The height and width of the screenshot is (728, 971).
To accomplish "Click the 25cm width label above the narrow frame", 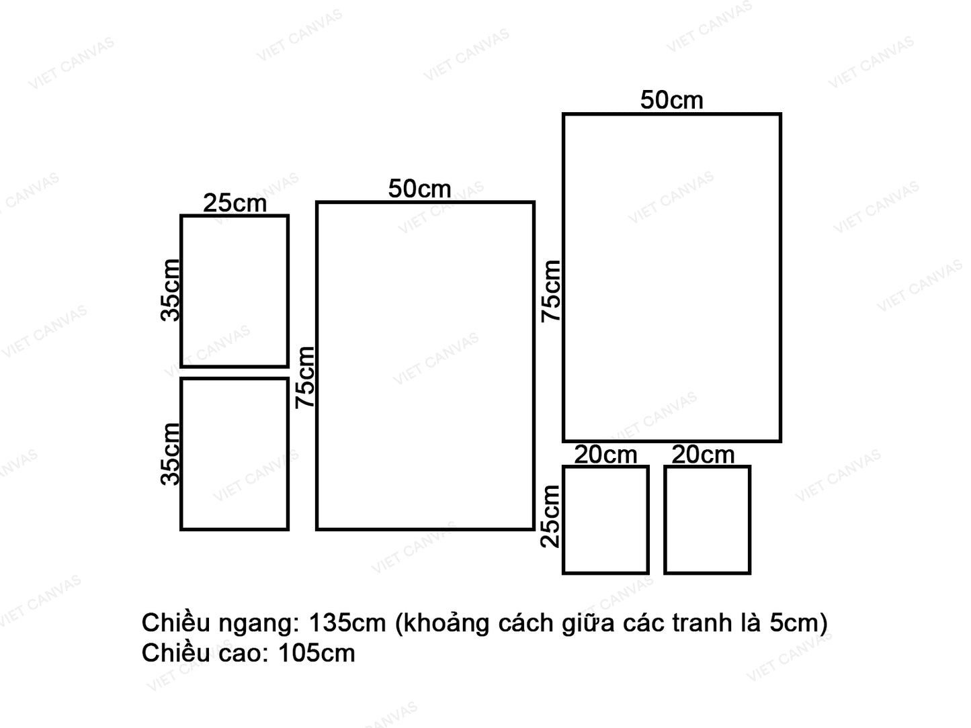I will (235, 203).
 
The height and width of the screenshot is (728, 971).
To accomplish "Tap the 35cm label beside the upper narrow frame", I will (171, 290).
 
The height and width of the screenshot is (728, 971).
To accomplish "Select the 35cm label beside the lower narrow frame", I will (171, 454).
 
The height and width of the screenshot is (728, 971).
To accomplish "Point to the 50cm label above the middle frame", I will (419, 189).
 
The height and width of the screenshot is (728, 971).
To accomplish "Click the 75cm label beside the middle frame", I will (306, 377).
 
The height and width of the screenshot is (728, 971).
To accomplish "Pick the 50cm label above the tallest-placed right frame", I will (671, 100).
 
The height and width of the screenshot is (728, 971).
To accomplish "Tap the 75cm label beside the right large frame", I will (551, 291).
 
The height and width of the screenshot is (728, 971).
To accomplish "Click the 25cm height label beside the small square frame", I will (550, 516).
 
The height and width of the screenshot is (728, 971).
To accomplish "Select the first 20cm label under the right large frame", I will (605, 455).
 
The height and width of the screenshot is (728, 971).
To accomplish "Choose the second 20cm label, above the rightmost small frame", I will (703, 455).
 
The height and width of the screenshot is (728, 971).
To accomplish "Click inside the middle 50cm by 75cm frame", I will (425, 366).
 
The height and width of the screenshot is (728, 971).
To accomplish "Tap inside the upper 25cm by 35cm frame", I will (235, 291).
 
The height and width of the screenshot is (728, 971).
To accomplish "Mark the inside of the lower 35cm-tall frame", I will (235, 454).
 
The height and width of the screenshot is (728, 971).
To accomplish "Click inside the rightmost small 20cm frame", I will (707, 520).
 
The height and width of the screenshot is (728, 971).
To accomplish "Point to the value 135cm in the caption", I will (347, 623).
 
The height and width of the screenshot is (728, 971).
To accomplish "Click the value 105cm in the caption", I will (316, 653).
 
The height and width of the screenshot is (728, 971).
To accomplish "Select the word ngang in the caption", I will (257, 624).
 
